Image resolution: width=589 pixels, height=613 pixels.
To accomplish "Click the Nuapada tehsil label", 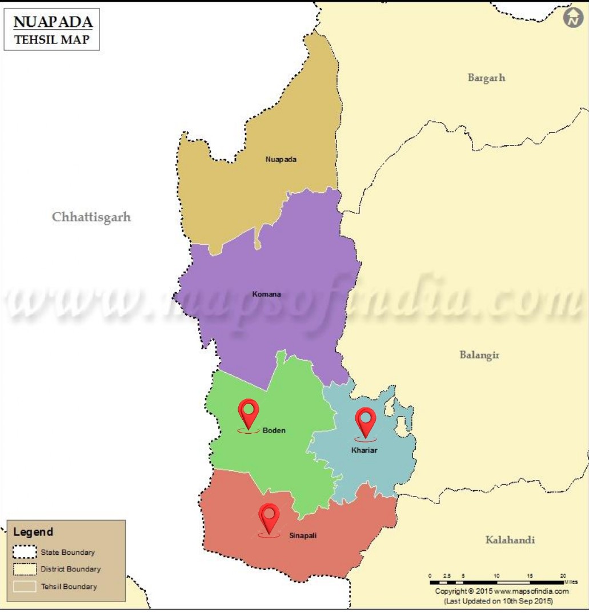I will point(281,159).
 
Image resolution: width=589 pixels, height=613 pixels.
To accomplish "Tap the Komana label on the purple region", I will point(266,295).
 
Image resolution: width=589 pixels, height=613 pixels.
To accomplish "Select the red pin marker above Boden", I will point(249,412).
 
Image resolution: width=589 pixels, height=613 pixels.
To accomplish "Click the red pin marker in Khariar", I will point(365,421).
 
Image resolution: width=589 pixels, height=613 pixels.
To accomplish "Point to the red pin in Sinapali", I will point(269,517).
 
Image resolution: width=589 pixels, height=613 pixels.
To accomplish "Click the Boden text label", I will point(274,430).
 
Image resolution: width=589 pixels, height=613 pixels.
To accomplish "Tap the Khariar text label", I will point(364,450).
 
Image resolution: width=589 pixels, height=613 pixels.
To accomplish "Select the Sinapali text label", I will point(302,535).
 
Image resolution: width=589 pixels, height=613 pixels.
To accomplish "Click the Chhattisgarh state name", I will point(91,217).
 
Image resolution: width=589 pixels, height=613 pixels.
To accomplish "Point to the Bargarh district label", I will point(486,78).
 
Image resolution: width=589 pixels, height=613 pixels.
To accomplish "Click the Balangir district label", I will point(479,355).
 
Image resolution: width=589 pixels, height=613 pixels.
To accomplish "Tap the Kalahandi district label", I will point(510,540).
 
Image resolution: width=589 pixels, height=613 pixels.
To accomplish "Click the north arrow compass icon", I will point(574,18).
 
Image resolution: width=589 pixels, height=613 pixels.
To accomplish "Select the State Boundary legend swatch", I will point(24,552).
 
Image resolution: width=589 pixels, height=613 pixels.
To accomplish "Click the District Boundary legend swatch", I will point(24,569).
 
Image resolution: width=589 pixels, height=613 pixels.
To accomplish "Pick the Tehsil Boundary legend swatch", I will point(24,586).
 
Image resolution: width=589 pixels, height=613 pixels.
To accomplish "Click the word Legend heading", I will point(33,532).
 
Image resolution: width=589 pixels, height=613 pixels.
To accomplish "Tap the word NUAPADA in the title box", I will point(53,22).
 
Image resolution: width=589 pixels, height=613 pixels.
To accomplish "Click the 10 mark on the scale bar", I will point(496,575).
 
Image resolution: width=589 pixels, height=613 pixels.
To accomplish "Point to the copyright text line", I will point(502,591).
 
